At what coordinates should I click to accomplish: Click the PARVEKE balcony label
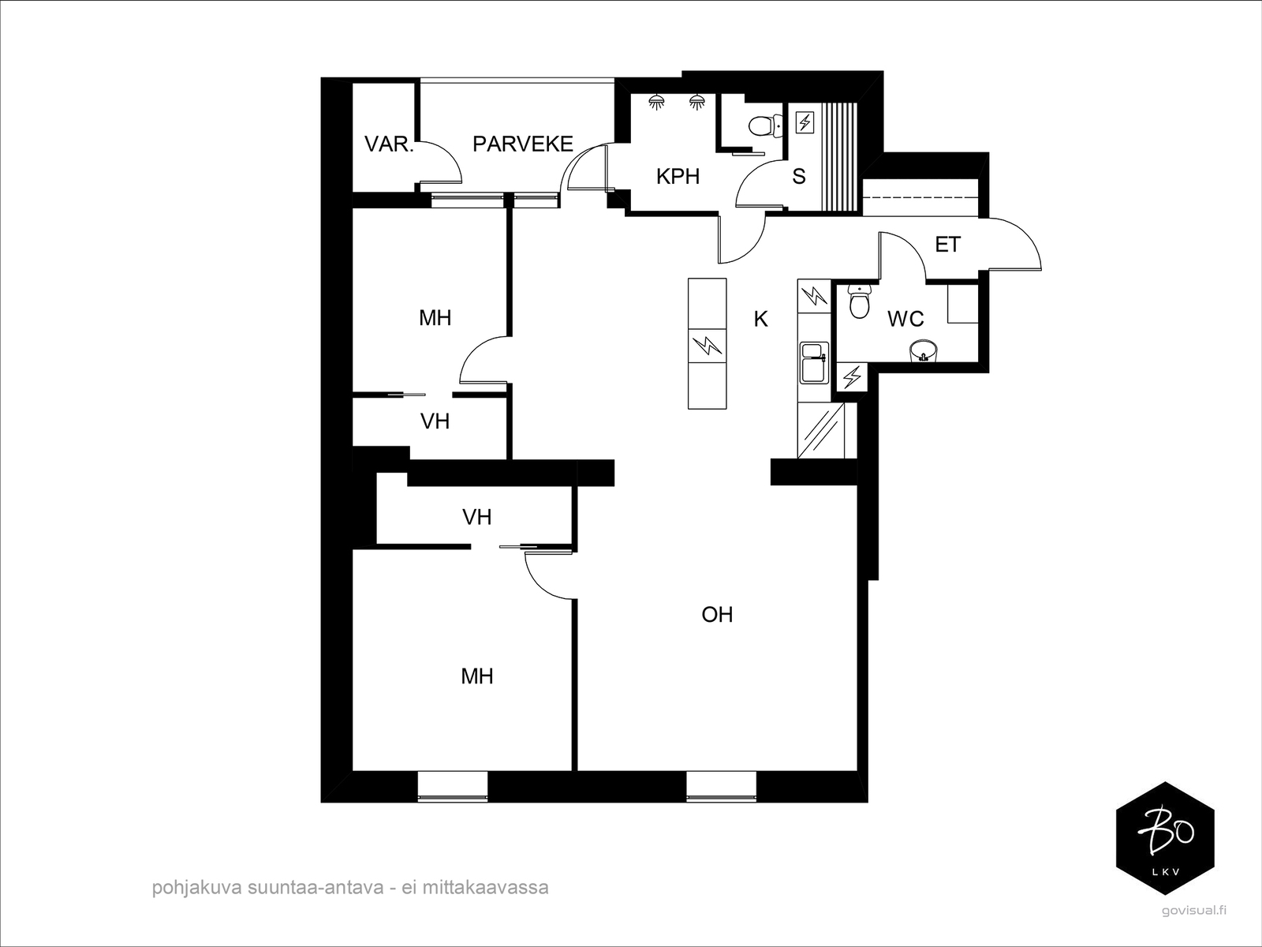click(x=523, y=144)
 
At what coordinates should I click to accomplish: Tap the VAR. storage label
click(x=389, y=144)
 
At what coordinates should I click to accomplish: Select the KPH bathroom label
click(x=678, y=177)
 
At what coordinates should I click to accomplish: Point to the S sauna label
click(x=798, y=177)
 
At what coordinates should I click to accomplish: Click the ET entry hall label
click(x=947, y=245)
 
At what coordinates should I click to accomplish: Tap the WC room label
click(x=905, y=319)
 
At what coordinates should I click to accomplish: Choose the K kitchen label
click(x=760, y=319)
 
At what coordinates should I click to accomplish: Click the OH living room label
click(x=717, y=615)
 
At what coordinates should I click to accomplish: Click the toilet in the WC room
click(x=860, y=301)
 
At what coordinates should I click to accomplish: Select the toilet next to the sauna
click(x=767, y=126)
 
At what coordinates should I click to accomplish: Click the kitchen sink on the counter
click(x=813, y=363)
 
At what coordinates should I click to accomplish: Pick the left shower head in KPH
click(x=656, y=103)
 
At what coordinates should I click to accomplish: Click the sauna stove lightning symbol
click(x=805, y=122)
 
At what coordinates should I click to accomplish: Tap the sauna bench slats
click(x=840, y=158)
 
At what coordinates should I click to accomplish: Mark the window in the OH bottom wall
click(x=722, y=786)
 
